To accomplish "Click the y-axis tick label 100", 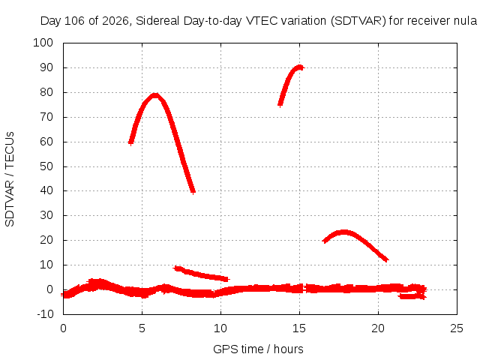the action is tap(43, 43).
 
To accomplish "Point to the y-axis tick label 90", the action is tap(46, 67).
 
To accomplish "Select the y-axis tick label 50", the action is tap(46, 166).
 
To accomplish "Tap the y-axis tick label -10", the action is tap(45, 313).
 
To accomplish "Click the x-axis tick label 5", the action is tap(142, 328).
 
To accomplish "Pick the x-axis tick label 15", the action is tap(299, 328).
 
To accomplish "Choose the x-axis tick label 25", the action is tap(457, 328).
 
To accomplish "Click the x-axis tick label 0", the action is tap(63, 328).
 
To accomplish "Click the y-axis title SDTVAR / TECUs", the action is tap(10, 179).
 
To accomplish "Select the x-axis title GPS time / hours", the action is tap(258, 349).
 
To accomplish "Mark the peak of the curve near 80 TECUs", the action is tap(155, 95).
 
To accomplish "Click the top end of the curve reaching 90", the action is tap(300, 67).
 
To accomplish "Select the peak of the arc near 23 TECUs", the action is tap(344, 232).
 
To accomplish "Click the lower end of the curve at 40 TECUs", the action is tap(193, 191).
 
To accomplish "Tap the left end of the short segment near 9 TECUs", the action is tap(175, 268).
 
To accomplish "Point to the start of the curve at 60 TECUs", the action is tap(130, 142).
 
